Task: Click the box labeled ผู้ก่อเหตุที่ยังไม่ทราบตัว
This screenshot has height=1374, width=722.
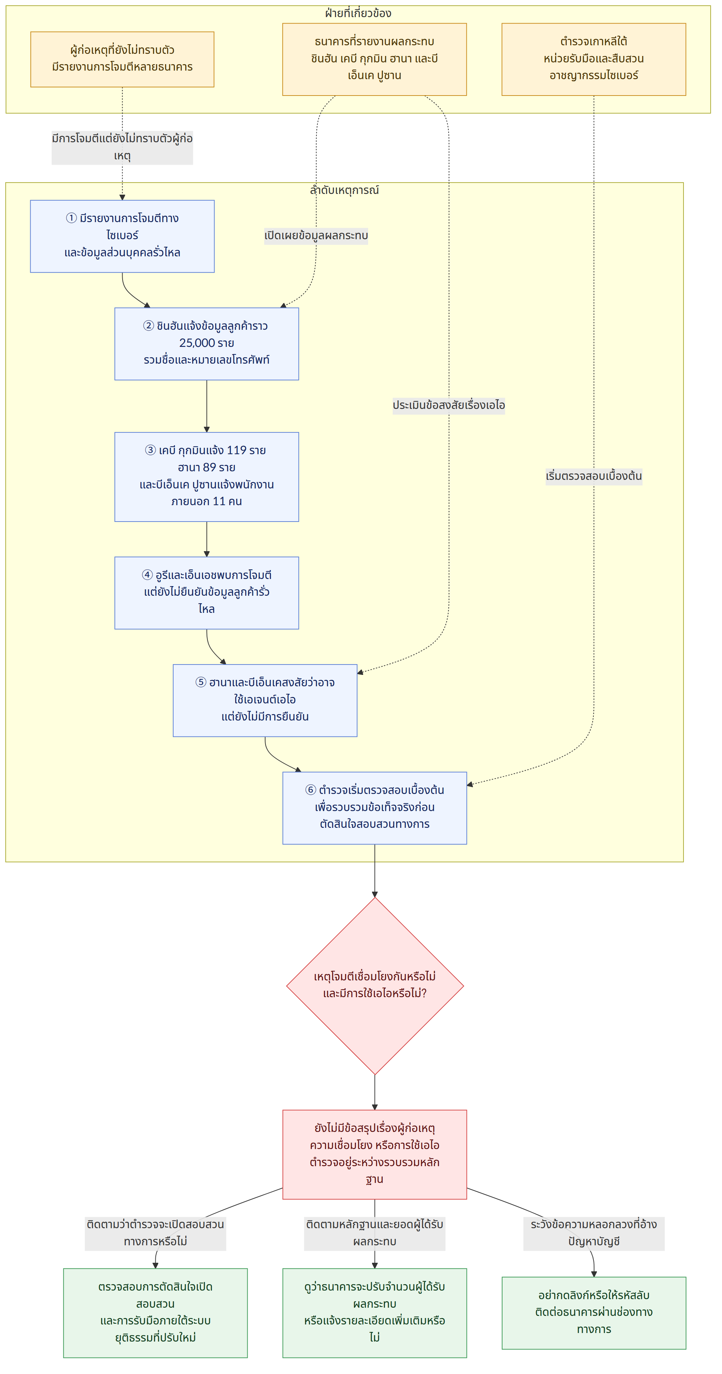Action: click(122, 59)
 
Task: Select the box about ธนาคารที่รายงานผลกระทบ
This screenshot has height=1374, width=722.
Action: click(374, 59)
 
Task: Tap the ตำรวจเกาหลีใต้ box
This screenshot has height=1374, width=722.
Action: click(593, 59)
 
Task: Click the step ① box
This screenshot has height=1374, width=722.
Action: click(122, 236)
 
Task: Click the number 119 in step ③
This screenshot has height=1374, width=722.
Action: click(236, 450)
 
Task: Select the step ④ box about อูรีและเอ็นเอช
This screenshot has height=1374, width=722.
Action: click(206, 593)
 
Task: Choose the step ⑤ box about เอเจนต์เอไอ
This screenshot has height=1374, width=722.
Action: click(265, 700)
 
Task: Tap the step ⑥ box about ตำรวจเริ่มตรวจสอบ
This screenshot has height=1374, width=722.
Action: click(374, 808)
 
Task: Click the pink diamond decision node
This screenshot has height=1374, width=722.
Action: click(375, 986)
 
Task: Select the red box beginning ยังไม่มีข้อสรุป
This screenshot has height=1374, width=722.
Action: click(374, 1154)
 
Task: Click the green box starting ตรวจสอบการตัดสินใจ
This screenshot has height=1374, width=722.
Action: click(155, 1313)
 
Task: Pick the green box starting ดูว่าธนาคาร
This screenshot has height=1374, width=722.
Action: click(374, 1313)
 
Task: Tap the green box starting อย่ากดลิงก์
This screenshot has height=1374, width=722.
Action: click(593, 1313)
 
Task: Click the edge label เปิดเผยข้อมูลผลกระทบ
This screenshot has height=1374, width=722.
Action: click(316, 236)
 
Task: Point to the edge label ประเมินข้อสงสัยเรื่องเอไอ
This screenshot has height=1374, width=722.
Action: click(448, 405)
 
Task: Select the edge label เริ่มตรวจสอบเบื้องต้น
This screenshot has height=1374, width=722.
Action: click(593, 476)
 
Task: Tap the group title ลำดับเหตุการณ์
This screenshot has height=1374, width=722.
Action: click(345, 190)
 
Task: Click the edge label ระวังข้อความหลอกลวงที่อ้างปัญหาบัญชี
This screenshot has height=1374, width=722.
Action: click(593, 1233)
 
